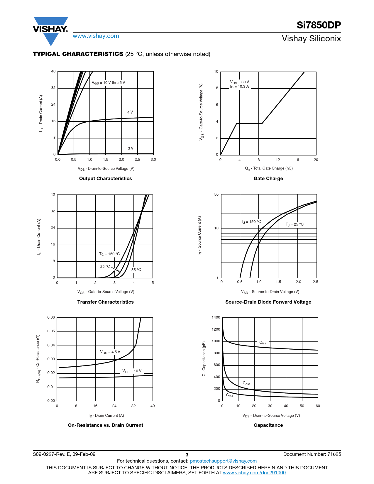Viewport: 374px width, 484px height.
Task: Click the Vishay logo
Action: click(50, 31)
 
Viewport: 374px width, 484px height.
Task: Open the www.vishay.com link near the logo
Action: click(96, 36)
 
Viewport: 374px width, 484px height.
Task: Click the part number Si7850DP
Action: click(319, 25)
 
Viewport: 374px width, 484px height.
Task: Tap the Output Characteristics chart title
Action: click(105, 178)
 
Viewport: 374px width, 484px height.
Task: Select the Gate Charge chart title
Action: click(268, 178)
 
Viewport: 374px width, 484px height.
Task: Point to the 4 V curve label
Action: click(130, 112)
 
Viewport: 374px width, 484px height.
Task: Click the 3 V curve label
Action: click(131, 148)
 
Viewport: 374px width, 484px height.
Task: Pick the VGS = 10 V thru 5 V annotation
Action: click(109, 83)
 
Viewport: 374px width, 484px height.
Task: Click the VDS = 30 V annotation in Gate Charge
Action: click(239, 82)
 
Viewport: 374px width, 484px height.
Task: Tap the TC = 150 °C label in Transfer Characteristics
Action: click(109, 254)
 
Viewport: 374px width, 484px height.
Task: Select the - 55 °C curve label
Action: click(135, 270)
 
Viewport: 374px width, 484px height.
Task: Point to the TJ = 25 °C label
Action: click(295, 224)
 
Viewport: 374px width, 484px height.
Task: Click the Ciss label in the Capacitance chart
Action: click(263, 343)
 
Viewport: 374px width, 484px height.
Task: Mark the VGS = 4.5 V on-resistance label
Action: click(110, 352)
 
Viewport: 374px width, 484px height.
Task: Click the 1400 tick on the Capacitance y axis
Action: click(216, 317)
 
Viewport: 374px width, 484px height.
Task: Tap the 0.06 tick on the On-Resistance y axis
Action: click(51, 317)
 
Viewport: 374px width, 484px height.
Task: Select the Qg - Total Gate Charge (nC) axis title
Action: click(269, 168)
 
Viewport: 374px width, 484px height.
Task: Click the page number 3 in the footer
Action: click(187, 455)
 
